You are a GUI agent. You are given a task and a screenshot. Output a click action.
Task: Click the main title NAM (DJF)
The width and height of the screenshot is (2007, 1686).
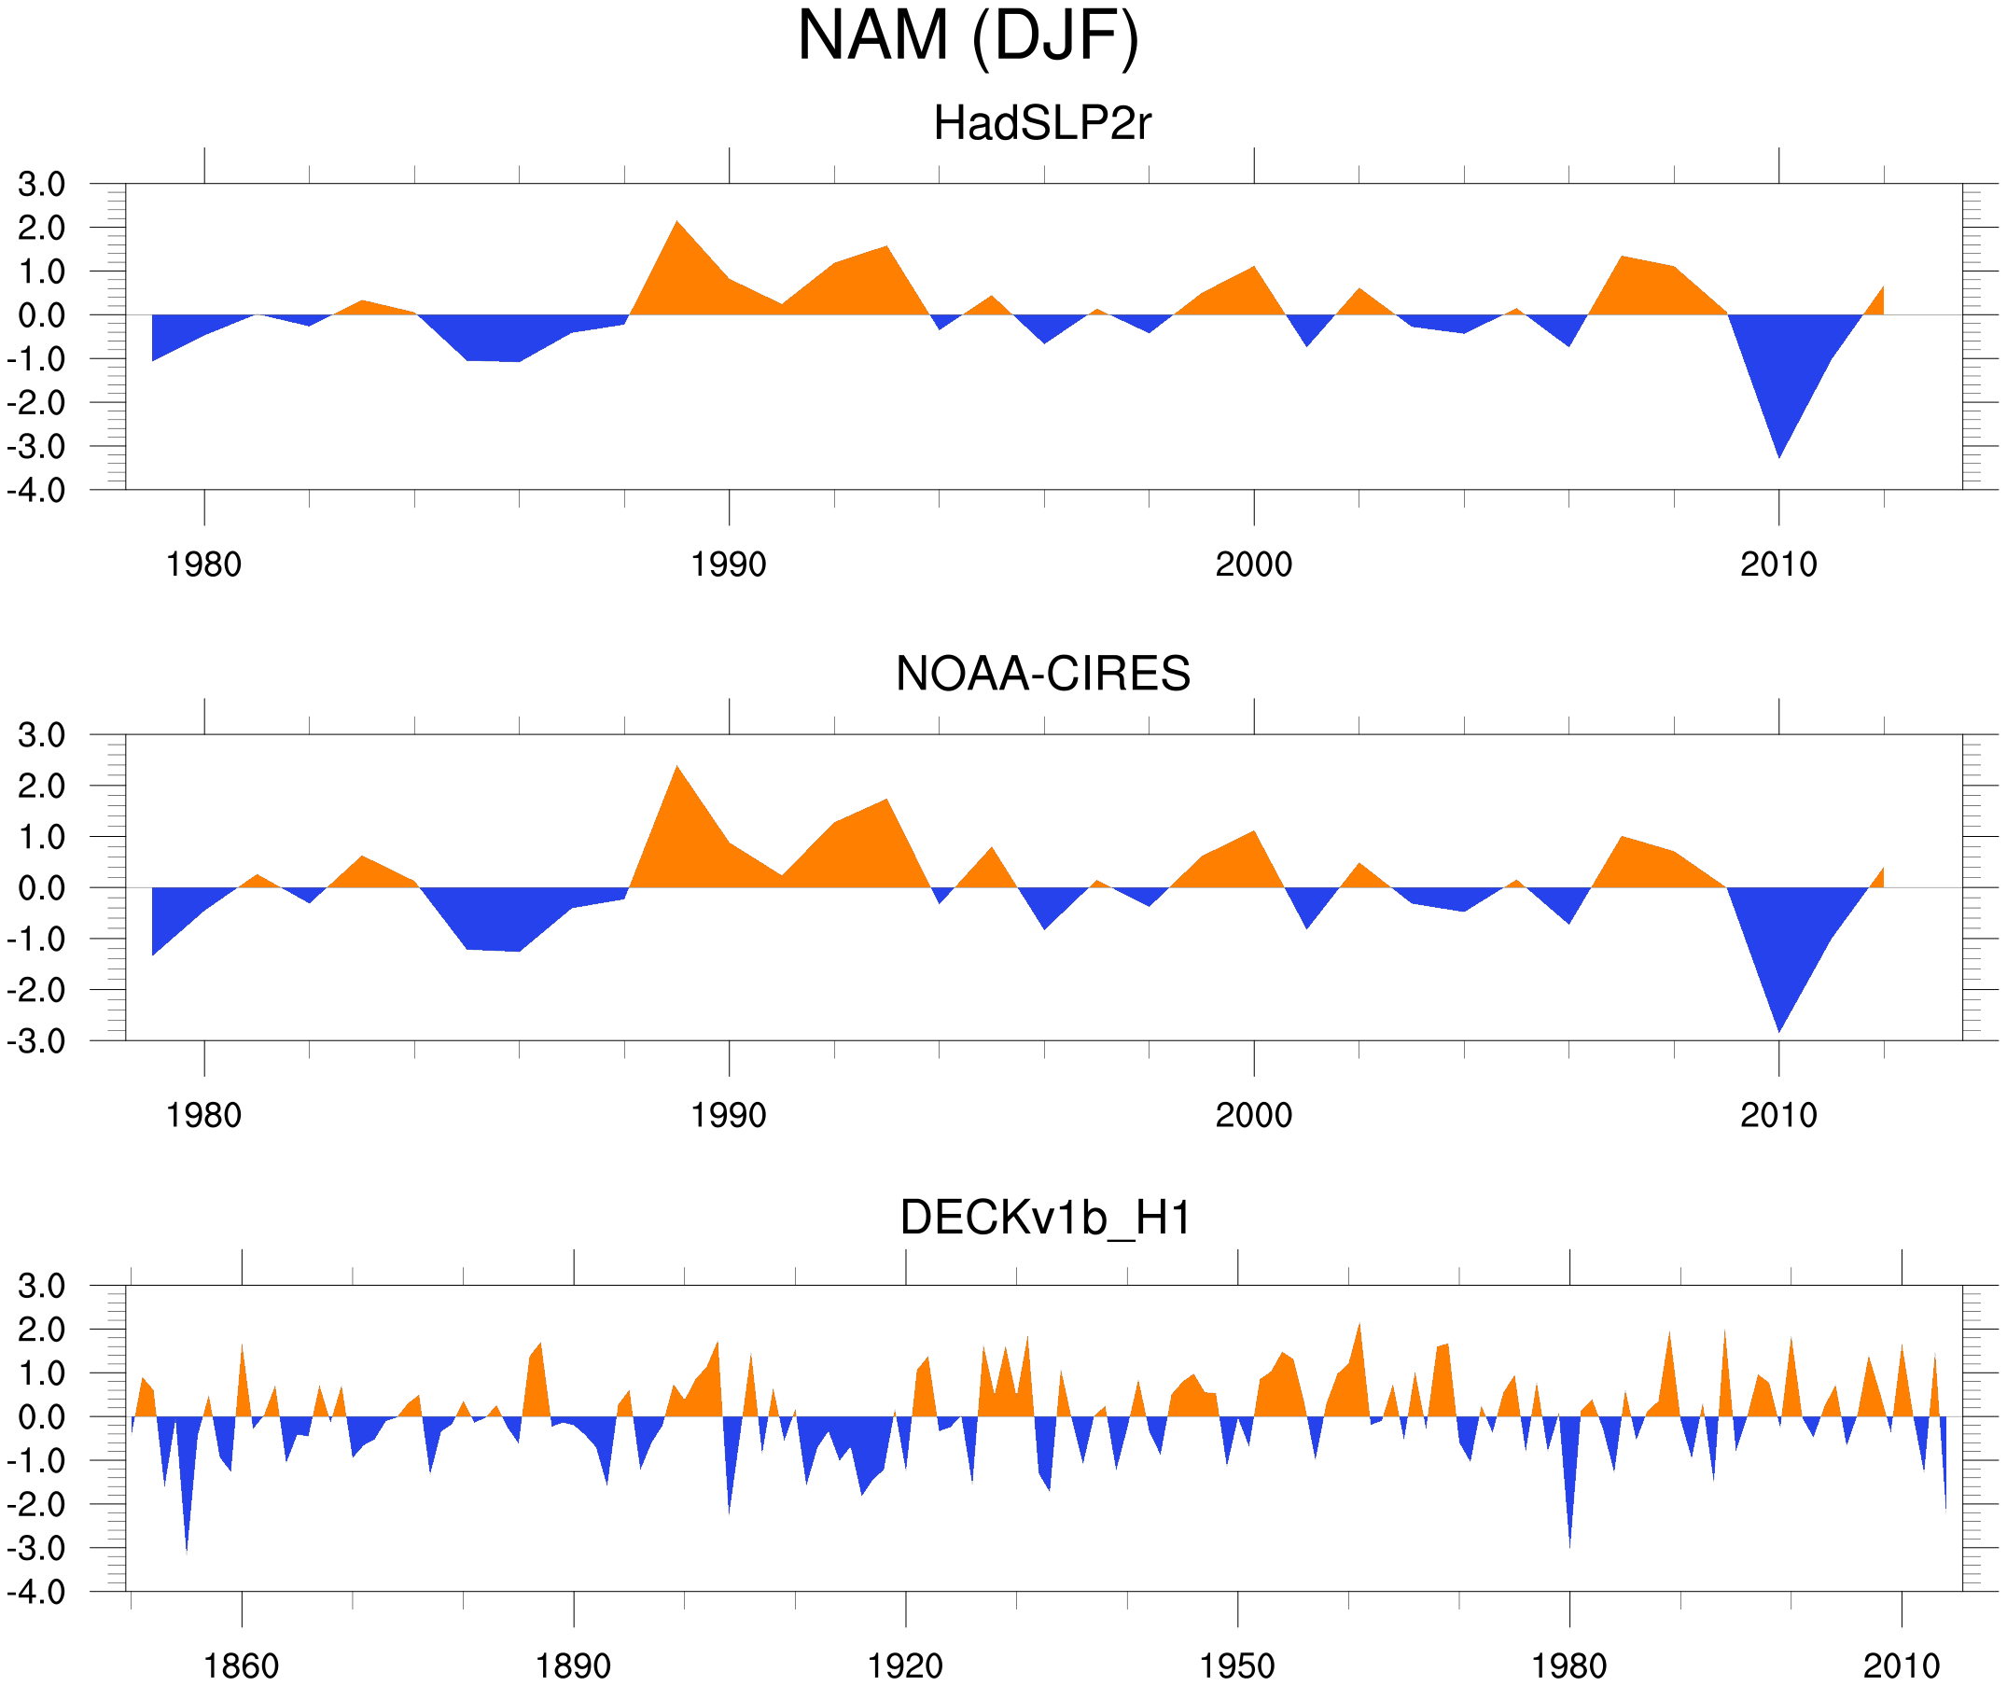tap(968, 36)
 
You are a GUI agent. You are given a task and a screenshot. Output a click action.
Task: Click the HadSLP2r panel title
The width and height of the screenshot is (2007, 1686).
tap(1041, 123)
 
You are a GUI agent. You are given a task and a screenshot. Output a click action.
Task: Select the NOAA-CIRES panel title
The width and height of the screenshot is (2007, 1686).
tap(1042, 674)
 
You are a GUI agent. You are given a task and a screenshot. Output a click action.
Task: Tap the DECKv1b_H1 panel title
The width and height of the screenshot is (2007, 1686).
tap(1046, 1218)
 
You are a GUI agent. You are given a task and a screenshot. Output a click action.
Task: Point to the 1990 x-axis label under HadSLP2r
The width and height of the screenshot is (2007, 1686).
tap(729, 564)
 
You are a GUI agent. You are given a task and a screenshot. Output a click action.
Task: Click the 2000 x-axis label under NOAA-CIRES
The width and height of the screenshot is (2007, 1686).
tap(1253, 1115)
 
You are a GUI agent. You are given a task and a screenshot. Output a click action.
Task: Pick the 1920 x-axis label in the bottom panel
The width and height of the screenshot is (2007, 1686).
tap(904, 1665)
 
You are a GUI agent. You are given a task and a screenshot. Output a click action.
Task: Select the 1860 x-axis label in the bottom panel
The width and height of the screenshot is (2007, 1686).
tap(241, 1665)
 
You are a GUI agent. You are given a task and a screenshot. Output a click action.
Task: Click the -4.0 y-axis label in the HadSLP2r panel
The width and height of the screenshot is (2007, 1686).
tap(36, 491)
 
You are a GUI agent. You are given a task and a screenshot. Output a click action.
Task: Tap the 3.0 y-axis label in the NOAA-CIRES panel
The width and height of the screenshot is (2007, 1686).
tap(41, 735)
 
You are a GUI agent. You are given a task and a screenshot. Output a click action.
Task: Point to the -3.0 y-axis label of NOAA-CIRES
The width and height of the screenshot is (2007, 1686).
tap(36, 1041)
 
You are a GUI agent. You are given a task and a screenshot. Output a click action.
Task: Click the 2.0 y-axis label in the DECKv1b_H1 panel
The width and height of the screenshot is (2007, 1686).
tap(41, 1330)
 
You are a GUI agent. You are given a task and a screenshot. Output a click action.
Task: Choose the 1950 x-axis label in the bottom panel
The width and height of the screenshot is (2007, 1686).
tap(1236, 1665)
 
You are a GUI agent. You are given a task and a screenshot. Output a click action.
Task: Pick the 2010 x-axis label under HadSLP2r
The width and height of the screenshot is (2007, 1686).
tap(1777, 564)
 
